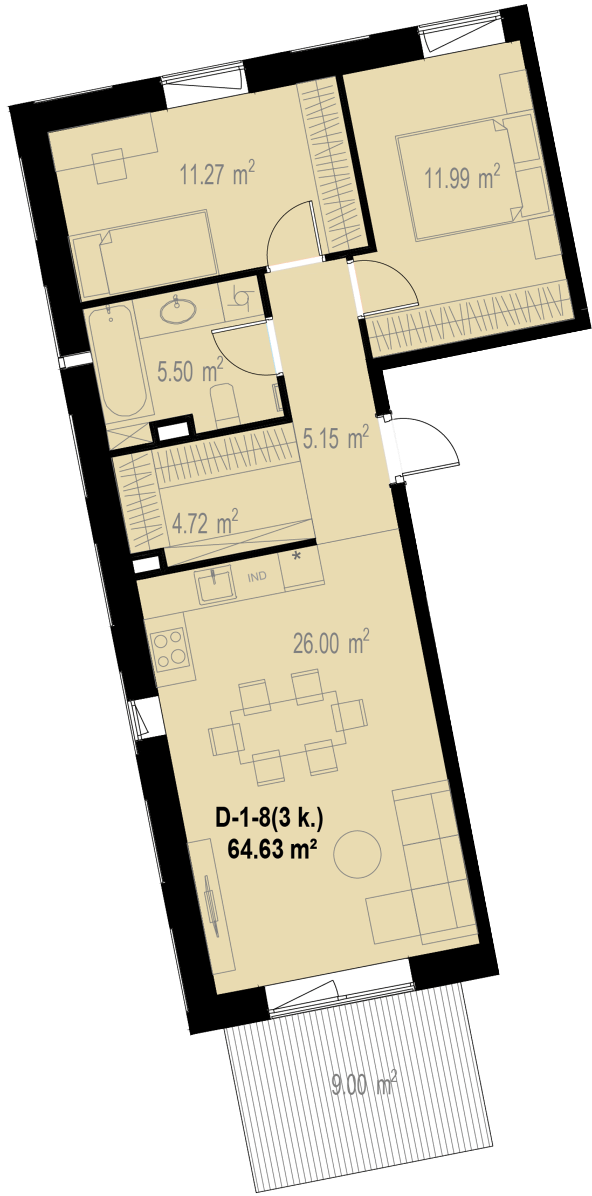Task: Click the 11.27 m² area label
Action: pos(217,173)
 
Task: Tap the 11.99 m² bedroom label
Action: pos(462,176)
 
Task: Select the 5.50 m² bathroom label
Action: pos(190,371)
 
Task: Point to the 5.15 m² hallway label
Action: pos(335,437)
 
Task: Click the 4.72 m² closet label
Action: pos(205,522)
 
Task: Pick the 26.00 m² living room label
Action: pos(331,642)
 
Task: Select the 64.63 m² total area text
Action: pos(272,849)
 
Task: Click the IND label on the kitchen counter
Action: pos(257,577)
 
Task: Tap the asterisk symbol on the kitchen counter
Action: pos(296,556)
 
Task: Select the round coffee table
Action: pos(357,855)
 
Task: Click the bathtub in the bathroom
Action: pos(119,361)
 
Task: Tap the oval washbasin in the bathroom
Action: pos(178,311)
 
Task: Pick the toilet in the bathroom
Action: pos(225,404)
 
